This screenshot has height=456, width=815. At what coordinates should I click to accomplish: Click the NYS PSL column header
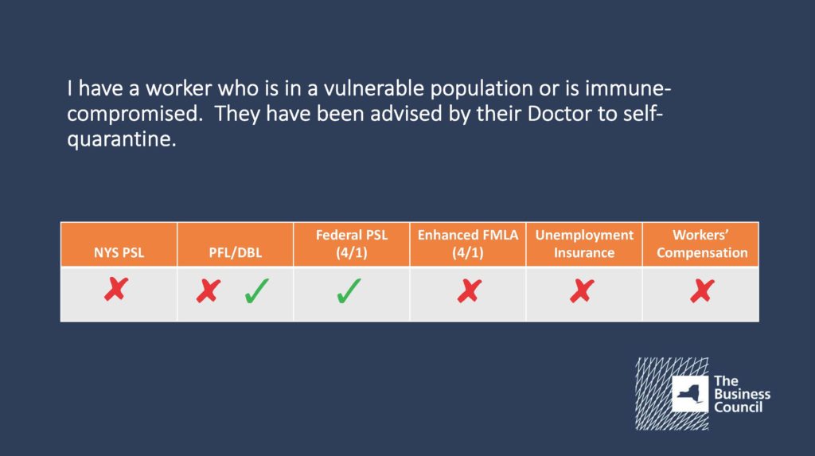119,253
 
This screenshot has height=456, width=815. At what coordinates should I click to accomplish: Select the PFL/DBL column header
236,253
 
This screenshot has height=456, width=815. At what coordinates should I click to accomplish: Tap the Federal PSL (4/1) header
352,244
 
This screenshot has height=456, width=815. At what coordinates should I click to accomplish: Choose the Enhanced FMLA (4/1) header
468,244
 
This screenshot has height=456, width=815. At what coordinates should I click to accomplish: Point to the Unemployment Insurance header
584,244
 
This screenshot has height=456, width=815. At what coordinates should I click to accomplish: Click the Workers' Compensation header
702,244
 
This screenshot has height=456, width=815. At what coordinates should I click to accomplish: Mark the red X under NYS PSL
116,289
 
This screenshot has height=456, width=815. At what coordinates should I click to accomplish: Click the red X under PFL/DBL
209,290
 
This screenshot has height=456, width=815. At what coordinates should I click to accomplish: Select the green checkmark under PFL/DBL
257,290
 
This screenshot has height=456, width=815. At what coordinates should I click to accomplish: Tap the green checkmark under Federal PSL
349,290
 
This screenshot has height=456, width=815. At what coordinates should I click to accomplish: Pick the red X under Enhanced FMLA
470,290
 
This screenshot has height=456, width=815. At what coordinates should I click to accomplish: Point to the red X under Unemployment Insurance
582,290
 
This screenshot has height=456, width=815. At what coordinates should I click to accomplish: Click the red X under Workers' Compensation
702,290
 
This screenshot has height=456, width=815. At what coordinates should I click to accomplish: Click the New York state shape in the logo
690,394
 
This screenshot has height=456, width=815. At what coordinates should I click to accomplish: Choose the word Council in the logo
738,407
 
